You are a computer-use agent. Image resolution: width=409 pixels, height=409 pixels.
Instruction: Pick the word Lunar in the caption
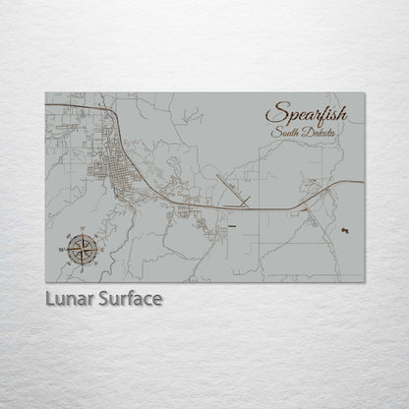pyautogui.click(x=67, y=297)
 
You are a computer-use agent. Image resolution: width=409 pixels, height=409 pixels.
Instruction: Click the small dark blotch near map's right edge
pyautogui.click(x=343, y=229)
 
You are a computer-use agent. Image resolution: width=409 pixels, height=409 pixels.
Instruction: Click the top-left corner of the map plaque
pyautogui.click(x=46, y=93)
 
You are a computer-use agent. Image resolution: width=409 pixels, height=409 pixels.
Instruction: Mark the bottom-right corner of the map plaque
pyautogui.click(x=363, y=276)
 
